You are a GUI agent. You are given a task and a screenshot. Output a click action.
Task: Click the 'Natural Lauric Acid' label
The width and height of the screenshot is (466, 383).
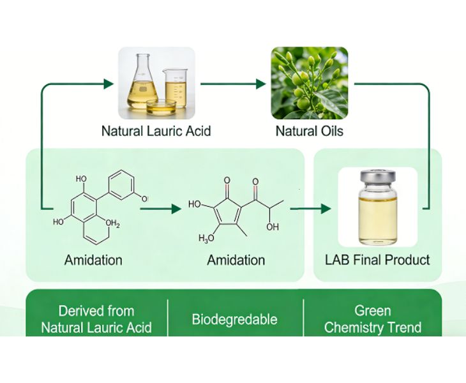click(x=156, y=131)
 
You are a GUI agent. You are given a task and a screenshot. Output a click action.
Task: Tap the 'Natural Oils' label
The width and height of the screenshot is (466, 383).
click(x=309, y=131)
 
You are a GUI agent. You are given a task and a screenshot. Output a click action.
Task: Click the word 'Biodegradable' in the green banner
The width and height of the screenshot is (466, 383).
click(x=234, y=319)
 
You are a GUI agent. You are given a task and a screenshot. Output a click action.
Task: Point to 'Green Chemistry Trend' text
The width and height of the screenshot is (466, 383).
click(x=373, y=319)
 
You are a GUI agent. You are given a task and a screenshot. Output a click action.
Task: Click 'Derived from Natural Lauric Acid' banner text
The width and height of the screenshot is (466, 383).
click(x=96, y=319)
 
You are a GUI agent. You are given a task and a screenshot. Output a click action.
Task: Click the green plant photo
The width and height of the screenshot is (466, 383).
click(x=310, y=83)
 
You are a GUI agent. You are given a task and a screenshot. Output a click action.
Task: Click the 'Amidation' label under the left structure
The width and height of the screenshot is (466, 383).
click(x=93, y=260)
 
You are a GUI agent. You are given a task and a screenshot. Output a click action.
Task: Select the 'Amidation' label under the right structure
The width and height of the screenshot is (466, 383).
click(x=236, y=260)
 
